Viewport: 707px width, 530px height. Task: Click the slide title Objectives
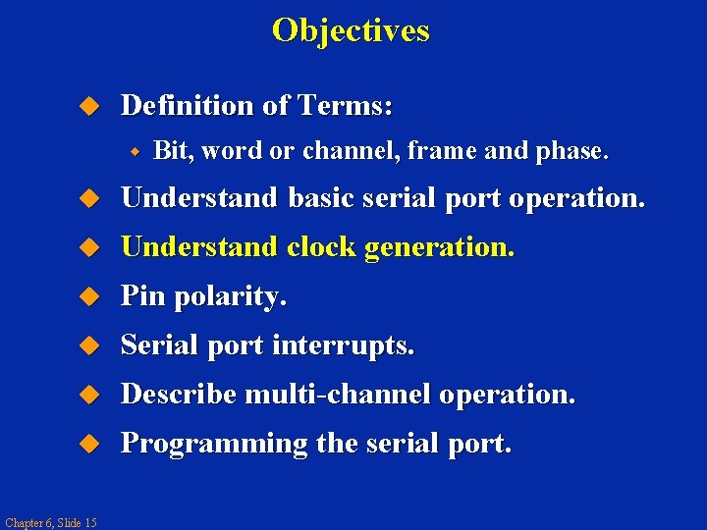(351, 30)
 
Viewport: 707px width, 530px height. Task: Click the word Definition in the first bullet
(187, 105)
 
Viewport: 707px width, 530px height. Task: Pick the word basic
(321, 199)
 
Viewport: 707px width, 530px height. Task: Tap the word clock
(321, 248)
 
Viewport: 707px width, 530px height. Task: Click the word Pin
(142, 297)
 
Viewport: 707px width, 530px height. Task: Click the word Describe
(179, 395)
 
